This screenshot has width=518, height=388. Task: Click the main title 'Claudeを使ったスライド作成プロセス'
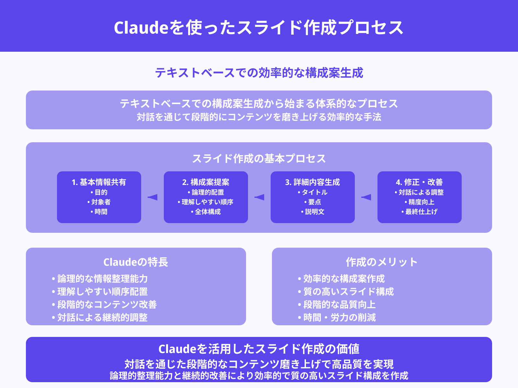tap(259, 27)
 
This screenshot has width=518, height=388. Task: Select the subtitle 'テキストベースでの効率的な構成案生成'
tap(259, 73)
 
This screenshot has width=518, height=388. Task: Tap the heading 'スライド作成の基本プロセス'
tap(259, 158)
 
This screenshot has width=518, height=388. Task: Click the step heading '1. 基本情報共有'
tap(99, 182)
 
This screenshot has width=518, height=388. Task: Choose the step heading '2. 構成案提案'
tap(206, 182)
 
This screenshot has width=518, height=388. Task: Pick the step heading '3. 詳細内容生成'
tap(313, 182)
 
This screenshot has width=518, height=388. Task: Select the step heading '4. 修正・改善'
tap(420, 182)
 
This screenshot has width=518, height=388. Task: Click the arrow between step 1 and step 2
tap(152, 197)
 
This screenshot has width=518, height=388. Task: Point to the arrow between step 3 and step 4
tap(366, 197)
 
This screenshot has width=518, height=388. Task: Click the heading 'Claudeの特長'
tap(136, 262)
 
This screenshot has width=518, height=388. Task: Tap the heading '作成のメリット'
tap(382, 262)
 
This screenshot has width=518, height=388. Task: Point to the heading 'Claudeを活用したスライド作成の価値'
tap(259, 349)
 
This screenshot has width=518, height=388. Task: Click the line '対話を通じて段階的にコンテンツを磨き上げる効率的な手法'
tap(259, 117)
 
